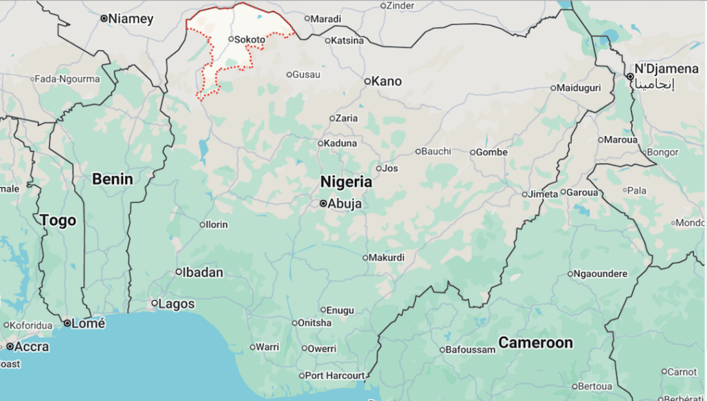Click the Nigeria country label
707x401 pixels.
point(346,182)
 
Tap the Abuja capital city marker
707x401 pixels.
point(323,204)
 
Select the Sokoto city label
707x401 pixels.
point(249,39)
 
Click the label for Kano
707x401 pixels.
point(386,81)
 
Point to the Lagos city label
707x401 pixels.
point(177,304)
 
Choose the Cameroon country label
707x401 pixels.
point(536,343)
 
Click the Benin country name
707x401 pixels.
point(113,179)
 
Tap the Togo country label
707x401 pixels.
point(58,221)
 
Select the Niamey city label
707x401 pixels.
point(130,19)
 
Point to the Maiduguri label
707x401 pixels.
point(579,88)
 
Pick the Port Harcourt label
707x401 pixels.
point(335,375)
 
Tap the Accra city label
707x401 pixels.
point(32,346)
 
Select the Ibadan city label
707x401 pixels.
point(203,272)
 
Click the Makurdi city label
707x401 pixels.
point(387,257)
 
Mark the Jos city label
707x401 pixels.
point(390,168)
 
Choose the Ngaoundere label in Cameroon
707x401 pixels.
point(601,273)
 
